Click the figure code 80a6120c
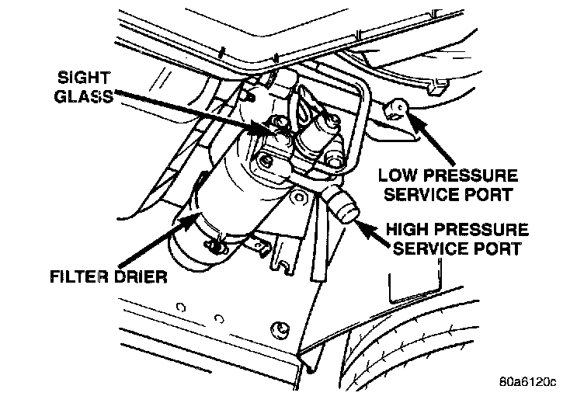tap(529, 381)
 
